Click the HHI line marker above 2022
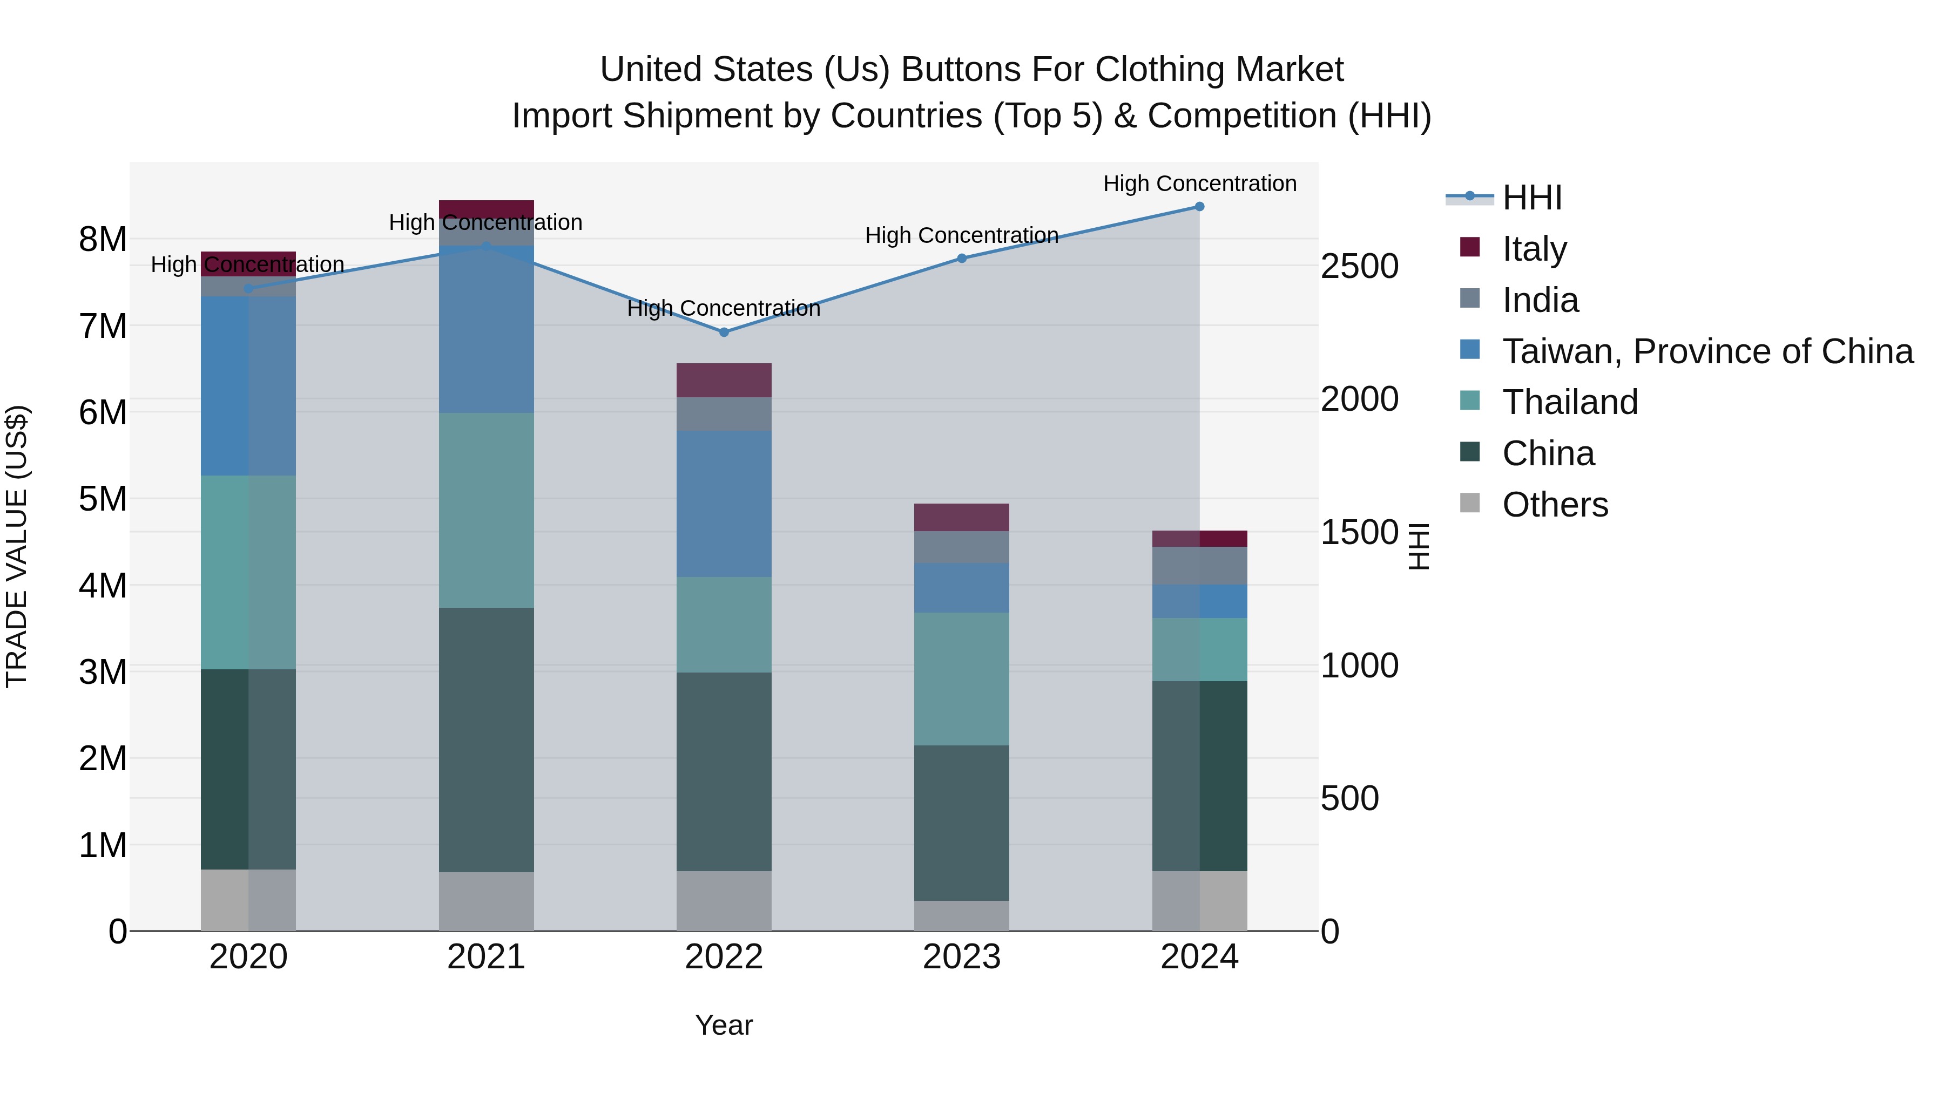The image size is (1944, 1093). click(x=724, y=332)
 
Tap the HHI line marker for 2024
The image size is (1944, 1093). click(x=1199, y=207)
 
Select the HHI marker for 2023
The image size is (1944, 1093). click(x=961, y=258)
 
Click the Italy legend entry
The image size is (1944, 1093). click(x=1534, y=249)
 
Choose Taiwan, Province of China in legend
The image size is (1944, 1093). click(x=1707, y=351)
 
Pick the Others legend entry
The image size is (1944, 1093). click(x=1555, y=505)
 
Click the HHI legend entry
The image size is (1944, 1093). click(x=1531, y=198)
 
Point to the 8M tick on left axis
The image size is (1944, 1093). click(x=103, y=240)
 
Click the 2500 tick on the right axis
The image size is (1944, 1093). click(x=1359, y=266)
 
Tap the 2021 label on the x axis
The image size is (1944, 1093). click(x=486, y=957)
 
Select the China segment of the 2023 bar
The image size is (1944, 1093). click(x=961, y=823)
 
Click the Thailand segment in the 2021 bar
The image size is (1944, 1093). click(x=486, y=510)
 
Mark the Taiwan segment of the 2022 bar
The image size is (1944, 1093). click(x=724, y=504)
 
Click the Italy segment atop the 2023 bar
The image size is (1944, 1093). click(x=961, y=518)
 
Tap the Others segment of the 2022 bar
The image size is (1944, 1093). click(x=724, y=901)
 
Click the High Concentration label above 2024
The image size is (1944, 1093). click(x=1199, y=184)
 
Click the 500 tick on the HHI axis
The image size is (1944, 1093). click(x=1349, y=798)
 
